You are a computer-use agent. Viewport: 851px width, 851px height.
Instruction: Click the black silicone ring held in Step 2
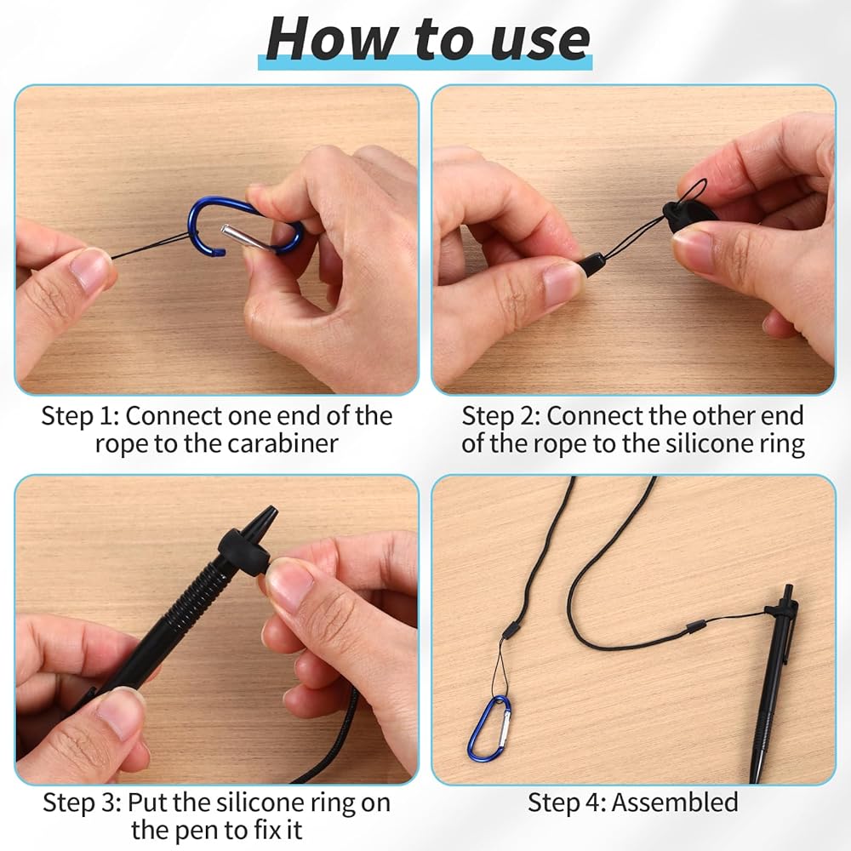[x=688, y=214]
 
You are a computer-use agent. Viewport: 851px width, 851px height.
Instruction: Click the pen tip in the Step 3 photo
[x=265, y=517]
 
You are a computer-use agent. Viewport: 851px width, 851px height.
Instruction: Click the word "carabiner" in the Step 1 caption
[x=283, y=443]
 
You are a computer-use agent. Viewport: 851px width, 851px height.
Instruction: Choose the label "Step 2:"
[x=500, y=416]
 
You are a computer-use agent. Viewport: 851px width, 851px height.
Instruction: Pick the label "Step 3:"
[x=82, y=802]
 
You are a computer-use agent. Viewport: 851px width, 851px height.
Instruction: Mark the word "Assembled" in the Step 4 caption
[x=675, y=802]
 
